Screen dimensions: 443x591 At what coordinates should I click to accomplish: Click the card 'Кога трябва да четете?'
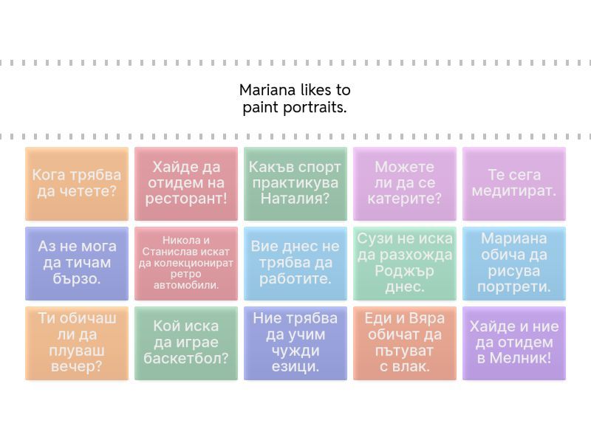pos(77,184)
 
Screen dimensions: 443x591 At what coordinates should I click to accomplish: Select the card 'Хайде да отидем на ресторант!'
pos(186,184)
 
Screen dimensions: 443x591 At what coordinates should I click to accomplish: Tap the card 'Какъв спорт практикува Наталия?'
pos(295,184)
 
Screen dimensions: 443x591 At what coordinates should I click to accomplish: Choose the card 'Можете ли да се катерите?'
pos(405,184)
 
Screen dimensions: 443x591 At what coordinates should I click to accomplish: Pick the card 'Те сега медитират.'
pos(514,184)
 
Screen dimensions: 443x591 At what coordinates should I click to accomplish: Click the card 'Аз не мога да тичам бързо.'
pos(77,264)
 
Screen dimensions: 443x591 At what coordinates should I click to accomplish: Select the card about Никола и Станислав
pos(186,264)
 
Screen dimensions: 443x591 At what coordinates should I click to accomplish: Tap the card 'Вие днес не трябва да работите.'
pos(295,264)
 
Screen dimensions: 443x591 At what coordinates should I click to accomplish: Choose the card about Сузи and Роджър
pos(405,264)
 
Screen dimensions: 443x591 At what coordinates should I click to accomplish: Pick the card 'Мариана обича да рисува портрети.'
pos(514,264)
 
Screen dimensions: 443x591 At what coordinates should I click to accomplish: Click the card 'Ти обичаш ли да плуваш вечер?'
pos(77,343)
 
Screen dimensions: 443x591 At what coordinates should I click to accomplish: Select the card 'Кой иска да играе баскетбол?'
pos(186,343)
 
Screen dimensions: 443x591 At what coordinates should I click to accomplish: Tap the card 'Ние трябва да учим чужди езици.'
pos(295,343)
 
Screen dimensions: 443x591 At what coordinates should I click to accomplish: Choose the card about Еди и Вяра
pos(405,343)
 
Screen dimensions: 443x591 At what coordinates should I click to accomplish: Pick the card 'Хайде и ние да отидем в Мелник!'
pos(514,343)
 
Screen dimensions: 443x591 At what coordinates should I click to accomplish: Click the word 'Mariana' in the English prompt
pos(267,91)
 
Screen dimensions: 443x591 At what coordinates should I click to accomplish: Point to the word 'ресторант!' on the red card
pos(186,199)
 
